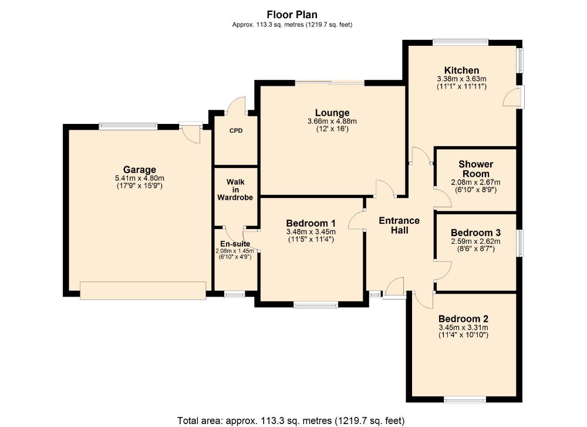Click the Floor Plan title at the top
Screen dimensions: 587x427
tap(292, 15)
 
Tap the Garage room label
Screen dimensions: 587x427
tap(140, 170)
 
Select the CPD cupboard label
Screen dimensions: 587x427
tap(236, 131)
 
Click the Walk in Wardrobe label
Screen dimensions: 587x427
tap(235, 190)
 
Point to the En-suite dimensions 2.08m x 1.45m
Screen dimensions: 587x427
tap(235, 251)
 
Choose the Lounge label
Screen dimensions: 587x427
tap(332, 113)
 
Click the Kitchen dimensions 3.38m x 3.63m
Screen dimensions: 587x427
tap(461, 79)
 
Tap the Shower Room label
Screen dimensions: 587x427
tap(476, 169)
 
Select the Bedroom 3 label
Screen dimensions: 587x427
tap(476, 233)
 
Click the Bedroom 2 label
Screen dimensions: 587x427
tap(464, 319)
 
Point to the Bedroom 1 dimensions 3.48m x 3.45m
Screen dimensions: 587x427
tap(311, 232)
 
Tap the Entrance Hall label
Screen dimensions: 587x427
tap(399, 226)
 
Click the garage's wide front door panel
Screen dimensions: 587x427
tap(143, 291)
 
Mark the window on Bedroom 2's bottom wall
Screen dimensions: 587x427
tap(465, 399)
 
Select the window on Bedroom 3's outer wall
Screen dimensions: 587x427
tap(520, 243)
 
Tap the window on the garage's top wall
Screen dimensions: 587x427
tap(128, 127)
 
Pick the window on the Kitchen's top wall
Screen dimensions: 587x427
tap(460, 42)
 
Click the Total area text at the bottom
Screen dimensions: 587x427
tap(291, 421)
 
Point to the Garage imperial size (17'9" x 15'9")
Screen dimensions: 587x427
tap(140, 186)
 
